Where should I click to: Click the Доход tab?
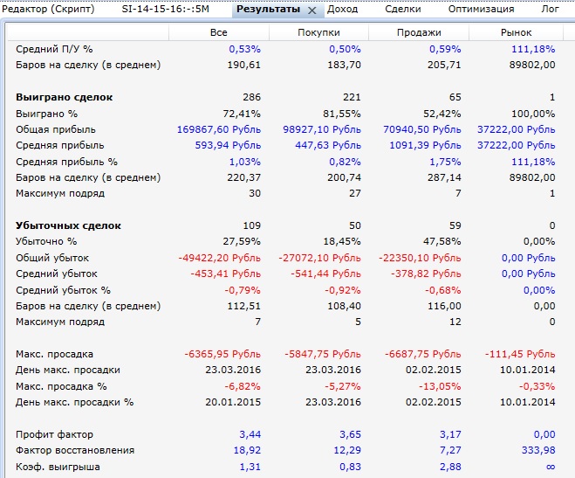pyautogui.click(x=343, y=9)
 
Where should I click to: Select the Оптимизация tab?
pyautogui.click(x=481, y=9)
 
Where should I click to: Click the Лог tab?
pyautogui.click(x=551, y=9)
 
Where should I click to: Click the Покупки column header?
pyautogui.click(x=318, y=32)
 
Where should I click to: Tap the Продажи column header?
pyautogui.click(x=418, y=32)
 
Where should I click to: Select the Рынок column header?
pyautogui.click(x=518, y=32)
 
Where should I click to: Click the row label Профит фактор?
pyautogui.click(x=54, y=434)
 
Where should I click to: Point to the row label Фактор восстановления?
pyautogui.click(x=75, y=450)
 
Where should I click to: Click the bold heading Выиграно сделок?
pyautogui.click(x=65, y=97)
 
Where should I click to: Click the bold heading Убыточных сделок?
pyautogui.click(x=68, y=225)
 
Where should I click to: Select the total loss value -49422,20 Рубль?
pyautogui.click(x=222, y=258)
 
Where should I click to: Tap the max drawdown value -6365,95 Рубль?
pyautogui.click(x=222, y=354)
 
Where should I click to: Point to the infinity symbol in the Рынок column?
pyautogui.click(x=550, y=467)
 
